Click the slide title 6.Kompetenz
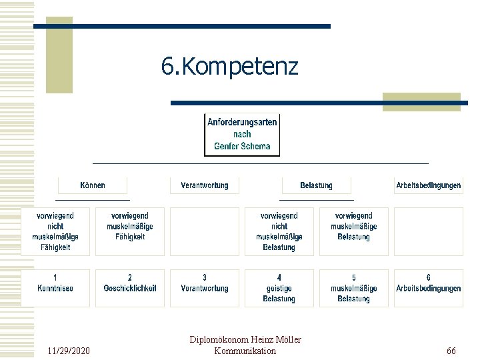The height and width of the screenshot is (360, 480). (x=230, y=67)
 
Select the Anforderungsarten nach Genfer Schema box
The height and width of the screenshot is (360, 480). (x=242, y=135)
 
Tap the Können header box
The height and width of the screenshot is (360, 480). (x=93, y=185)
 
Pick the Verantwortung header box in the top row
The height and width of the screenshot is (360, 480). (x=205, y=185)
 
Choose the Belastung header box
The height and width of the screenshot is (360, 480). (x=316, y=185)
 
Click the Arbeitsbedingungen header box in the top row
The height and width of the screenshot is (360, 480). (x=428, y=185)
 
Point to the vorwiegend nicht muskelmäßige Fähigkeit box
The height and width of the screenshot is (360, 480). (x=55, y=231)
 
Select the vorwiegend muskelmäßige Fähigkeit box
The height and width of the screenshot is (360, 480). (x=130, y=231)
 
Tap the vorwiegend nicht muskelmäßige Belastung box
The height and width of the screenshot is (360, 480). (x=279, y=231)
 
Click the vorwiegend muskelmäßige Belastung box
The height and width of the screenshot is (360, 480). (x=354, y=231)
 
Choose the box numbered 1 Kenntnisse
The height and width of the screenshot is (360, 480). (x=55, y=288)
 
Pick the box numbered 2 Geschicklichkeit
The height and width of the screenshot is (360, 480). (x=130, y=288)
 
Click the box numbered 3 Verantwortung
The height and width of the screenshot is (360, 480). (x=205, y=288)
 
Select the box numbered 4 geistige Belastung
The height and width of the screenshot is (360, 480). (x=279, y=288)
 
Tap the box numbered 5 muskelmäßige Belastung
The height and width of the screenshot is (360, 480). (x=354, y=288)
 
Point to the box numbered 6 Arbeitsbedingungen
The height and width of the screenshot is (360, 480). (x=428, y=288)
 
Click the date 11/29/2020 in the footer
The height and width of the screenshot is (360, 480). (x=70, y=351)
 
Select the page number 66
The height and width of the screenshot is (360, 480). (x=451, y=351)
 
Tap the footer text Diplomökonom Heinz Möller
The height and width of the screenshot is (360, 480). (x=245, y=340)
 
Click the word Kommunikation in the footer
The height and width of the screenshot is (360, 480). (x=245, y=351)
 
